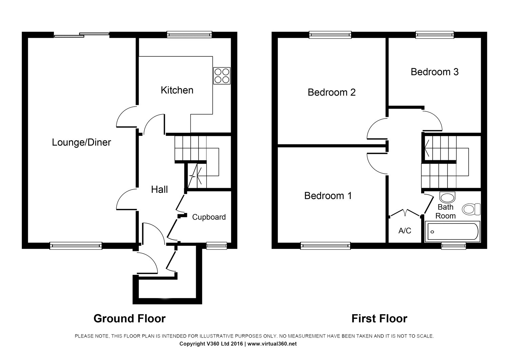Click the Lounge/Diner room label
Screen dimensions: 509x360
(81, 142)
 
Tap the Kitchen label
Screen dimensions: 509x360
(177, 90)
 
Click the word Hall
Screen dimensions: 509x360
(159, 189)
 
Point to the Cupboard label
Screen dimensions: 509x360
(209, 217)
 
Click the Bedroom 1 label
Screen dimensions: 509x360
(328, 196)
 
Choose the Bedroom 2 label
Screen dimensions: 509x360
(332, 92)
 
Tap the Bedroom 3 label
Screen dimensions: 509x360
(434, 72)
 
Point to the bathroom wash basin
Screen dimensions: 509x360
(447, 197)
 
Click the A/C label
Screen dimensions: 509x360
(404, 231)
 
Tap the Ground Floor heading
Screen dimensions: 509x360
(129, 319)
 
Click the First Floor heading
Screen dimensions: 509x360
(379, 319)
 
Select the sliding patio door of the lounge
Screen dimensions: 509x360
(82, 34)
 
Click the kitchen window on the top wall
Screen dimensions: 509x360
(190, 34)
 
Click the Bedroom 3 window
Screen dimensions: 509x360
(435, 34)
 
